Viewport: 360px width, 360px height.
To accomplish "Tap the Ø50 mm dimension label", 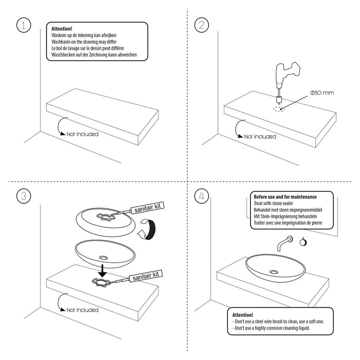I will coord(321,93).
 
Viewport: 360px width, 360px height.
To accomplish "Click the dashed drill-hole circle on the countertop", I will coord(280,108).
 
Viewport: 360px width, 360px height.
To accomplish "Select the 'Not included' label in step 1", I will coord(82,134).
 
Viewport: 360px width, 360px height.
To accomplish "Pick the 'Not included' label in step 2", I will coord(260,137).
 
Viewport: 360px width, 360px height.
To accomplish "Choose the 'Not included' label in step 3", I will coord(82,310).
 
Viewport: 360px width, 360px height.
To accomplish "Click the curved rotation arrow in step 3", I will coord(146,230).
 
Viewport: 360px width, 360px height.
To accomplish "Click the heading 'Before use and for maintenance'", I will coord(285,197).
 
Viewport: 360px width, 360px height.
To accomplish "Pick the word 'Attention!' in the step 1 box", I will coord(62,29).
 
